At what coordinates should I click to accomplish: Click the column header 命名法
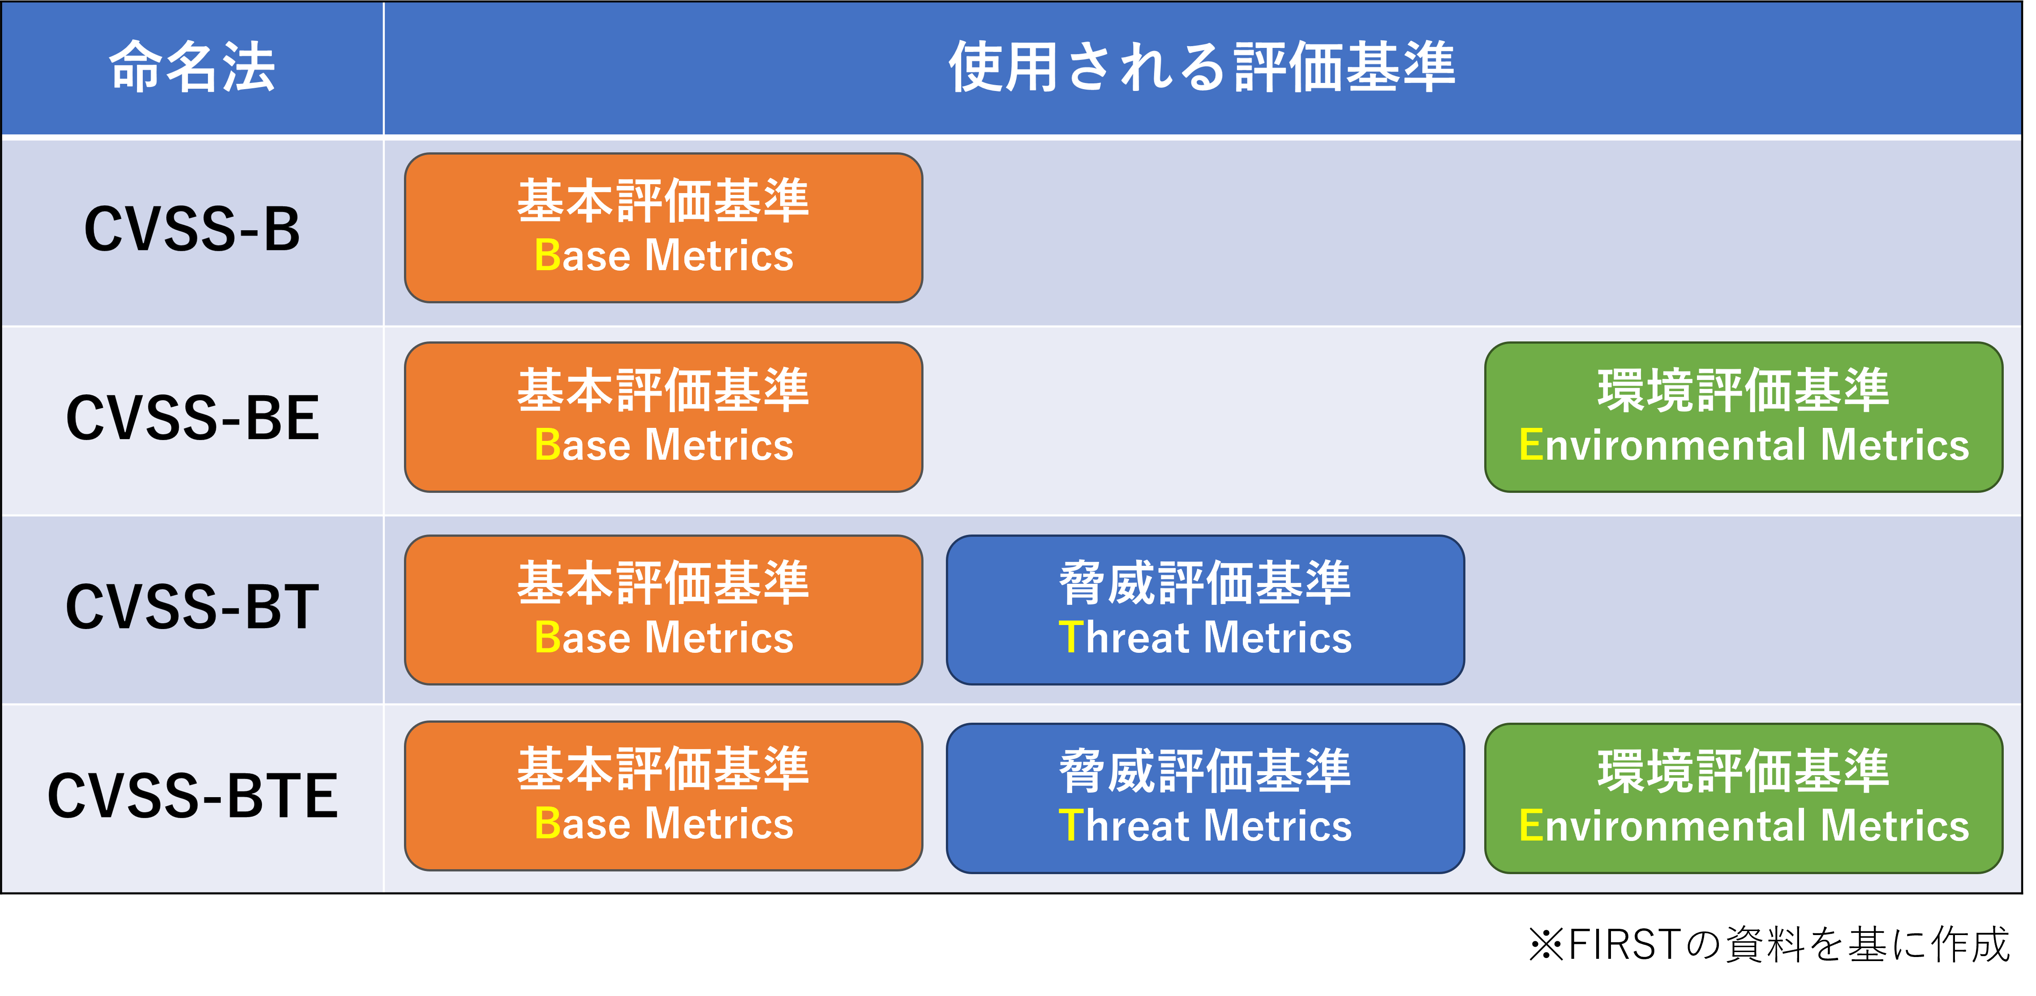(192, 67)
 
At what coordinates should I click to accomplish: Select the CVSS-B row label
(192, 229)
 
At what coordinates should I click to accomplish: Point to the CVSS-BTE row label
(192, 796)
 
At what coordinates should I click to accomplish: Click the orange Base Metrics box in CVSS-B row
(664, 228)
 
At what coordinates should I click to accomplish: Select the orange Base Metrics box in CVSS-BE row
(664, 418)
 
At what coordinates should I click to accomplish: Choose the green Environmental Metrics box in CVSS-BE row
(1744, 418)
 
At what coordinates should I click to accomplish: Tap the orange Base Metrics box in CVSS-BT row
(664, 610)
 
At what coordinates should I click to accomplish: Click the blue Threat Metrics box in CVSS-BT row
(1205, 610)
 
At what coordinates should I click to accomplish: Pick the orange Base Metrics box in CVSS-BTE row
(664, 796)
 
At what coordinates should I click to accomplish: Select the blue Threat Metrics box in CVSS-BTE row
(1205, 798)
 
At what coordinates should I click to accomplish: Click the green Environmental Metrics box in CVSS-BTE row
(1744, 798)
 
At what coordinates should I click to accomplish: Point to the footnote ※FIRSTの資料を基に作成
(1769, 944)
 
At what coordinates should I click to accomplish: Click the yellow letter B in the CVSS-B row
(547, 255)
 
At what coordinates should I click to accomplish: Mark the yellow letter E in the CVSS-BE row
(1531, 444)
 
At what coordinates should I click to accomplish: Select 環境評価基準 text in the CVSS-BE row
(1744, 391)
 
